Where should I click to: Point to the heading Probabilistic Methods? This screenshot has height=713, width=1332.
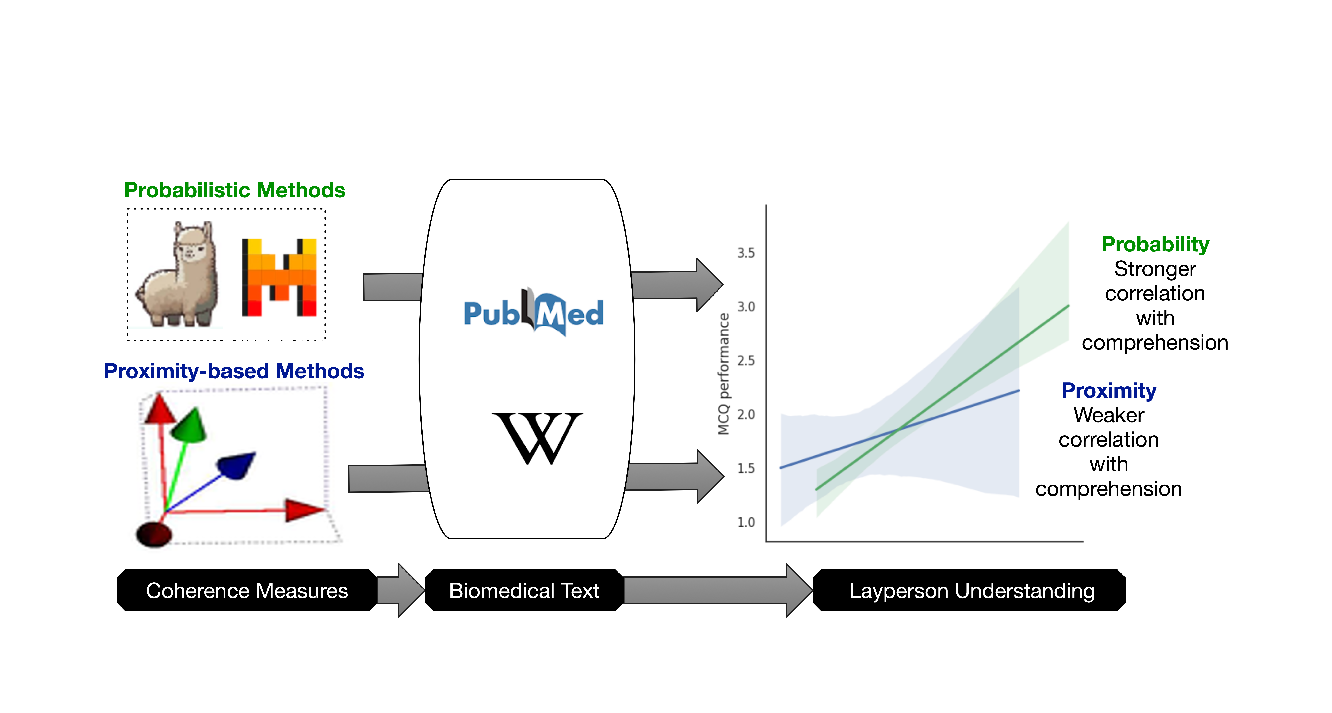point(234,190)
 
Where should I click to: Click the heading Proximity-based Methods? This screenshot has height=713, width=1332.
point(234,371)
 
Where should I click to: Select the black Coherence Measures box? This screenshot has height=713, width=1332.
point(247,590)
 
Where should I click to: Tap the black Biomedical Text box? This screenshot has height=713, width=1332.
point(524,590)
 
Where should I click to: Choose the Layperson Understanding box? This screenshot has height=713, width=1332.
point(971,590)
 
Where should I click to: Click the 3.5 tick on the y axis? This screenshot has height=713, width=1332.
point(746,253)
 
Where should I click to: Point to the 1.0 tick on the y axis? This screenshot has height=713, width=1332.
point(746,522)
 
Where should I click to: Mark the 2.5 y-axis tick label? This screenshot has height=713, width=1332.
point(746,360)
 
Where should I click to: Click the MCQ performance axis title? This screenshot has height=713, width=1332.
point(723,373)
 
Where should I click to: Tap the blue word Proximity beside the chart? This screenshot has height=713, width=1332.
point(1109,390)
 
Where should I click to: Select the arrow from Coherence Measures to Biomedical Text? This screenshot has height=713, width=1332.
point(400,590)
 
